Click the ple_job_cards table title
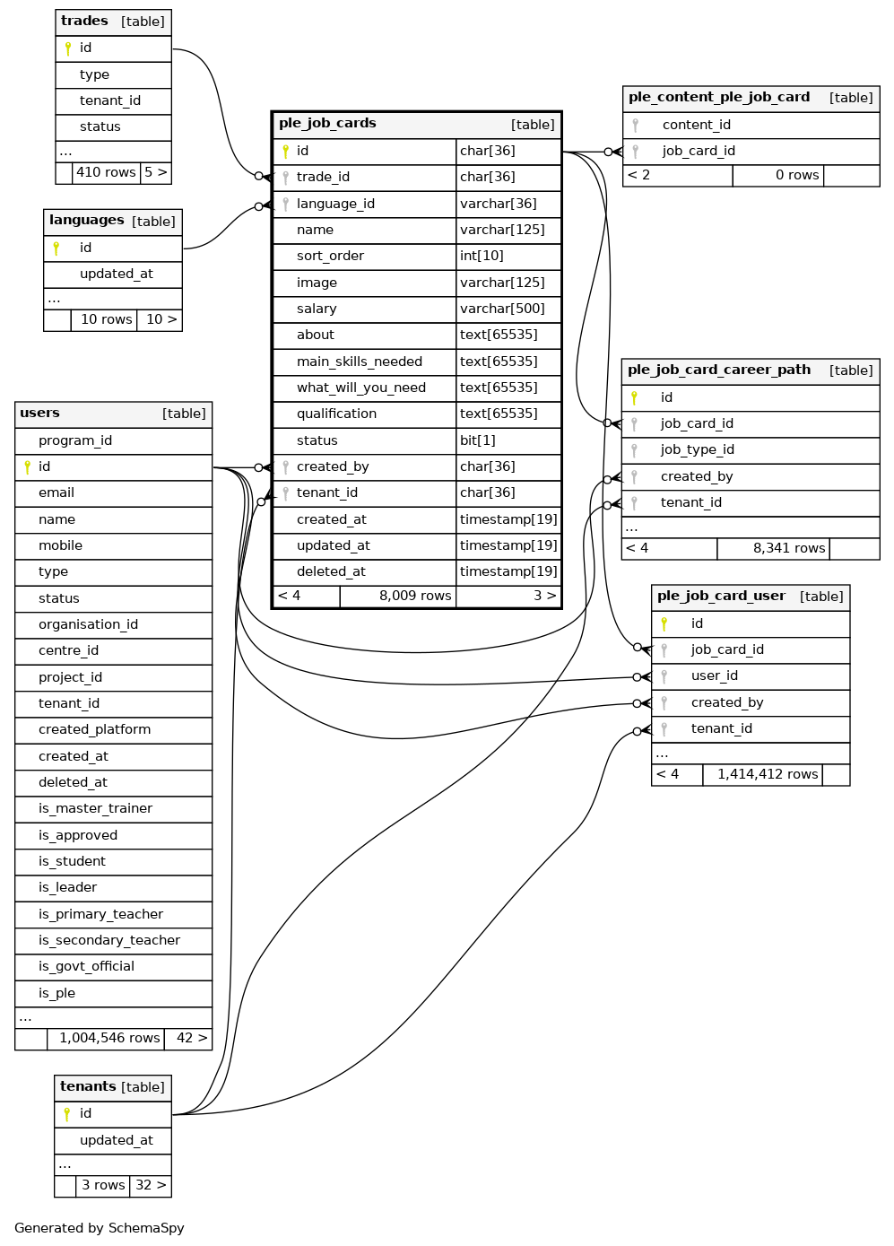click(x=327, y=124)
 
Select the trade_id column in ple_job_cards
click(x=323, y=178)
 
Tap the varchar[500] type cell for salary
click(x=502, y=309)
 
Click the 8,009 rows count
click(x=414, y=596)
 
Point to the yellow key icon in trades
click(x=68, y=48)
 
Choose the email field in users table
click(x=56, y=492)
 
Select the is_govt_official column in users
click(x=86, y=966)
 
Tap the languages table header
click(x=87, y=221)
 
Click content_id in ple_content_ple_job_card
click(x=696, y=125)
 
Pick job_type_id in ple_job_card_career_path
click(x=697, y=449)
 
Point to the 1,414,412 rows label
click(x=767, y=774)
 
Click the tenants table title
click(x=88, y=1086)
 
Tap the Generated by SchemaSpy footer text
click(x=100, y=1228)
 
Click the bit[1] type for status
click(x=478, y=440)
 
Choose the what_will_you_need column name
click(x=360, y=388)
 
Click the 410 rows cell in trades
click(x=106, y=172)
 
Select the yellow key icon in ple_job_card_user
click(x=664, y=623)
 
